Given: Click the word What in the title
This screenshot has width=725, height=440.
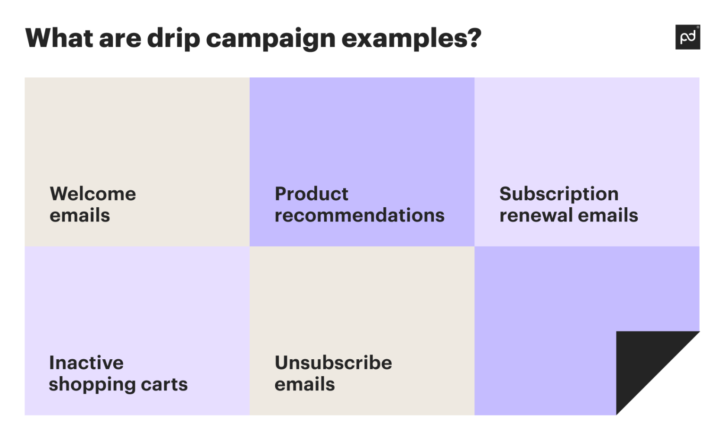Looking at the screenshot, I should click(x=59, y=38).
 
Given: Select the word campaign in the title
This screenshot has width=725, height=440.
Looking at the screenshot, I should click(x=270, y=39).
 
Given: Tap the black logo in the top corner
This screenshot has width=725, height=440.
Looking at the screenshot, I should click(x=687, y=37).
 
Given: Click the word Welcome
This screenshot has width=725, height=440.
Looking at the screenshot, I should click(x=93, y=194).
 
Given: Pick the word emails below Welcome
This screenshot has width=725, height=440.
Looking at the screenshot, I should click(x=80, y=215).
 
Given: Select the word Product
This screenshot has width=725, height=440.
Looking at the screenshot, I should click(x=312, y=194).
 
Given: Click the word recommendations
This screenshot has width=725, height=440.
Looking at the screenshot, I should click(x=359, y=215).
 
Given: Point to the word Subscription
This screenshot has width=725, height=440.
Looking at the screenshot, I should click(x=559, y=194).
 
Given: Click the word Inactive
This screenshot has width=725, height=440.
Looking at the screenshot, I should click(x=86, y=363).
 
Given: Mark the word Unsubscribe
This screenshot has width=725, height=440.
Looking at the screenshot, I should click(x=333, y=363).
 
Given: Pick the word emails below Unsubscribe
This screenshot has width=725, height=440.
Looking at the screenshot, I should click(x=304, y=384).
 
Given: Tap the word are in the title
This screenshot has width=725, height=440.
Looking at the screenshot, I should click(x=120, y=39).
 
